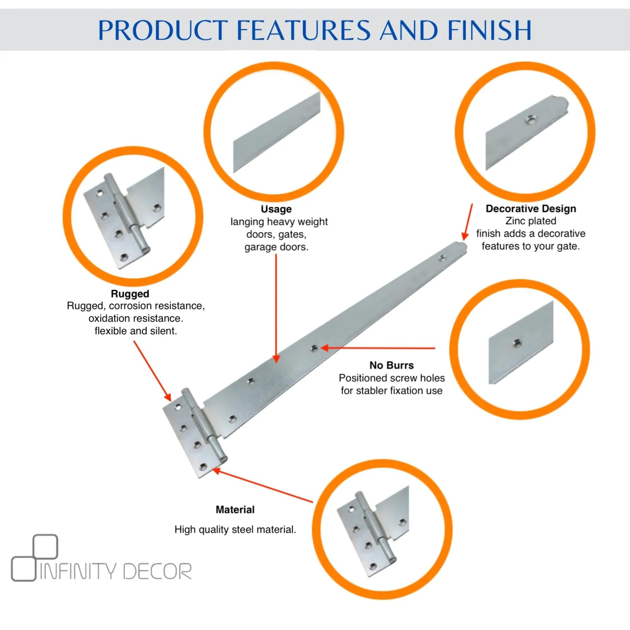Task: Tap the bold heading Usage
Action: [276, 209]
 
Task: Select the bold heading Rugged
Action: [130, 294]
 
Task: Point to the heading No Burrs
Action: [391, 365]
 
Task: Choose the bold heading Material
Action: [235, 509]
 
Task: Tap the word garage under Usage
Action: [259, 247]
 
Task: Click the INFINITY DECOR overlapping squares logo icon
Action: [34, 558]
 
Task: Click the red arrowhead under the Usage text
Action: [276, 358]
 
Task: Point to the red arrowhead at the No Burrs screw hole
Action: [325, 348]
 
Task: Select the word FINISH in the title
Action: [490, 30]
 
